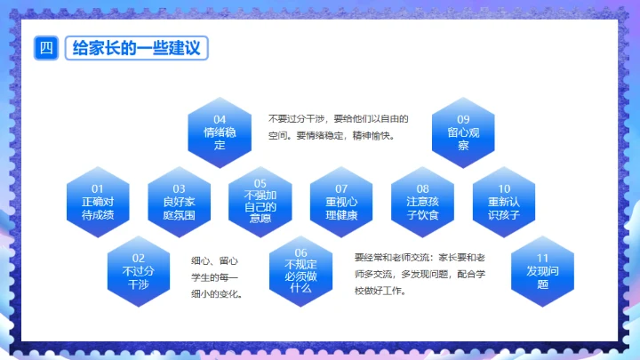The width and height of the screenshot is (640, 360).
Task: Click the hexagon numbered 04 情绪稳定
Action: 220,132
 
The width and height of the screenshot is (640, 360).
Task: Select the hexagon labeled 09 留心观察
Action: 463,132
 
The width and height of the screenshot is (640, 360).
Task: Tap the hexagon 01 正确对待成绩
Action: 98,202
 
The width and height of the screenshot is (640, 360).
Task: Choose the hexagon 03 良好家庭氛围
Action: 179,202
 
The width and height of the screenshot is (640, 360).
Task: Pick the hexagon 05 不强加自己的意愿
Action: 260,202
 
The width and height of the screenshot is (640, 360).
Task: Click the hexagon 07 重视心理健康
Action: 340,202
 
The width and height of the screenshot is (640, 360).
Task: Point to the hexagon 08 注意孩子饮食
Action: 422,202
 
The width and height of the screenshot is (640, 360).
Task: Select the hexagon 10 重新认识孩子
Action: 504,202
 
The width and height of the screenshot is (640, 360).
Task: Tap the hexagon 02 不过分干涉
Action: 139,271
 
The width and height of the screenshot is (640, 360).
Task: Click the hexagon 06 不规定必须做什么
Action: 300,271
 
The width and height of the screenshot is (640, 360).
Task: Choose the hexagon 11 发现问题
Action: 543,271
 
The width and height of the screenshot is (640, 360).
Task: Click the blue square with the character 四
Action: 45,48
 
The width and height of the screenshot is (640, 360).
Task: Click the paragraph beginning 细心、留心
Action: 217,277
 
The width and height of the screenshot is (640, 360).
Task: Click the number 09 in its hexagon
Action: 463,119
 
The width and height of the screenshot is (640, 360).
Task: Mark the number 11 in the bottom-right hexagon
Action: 543,259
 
